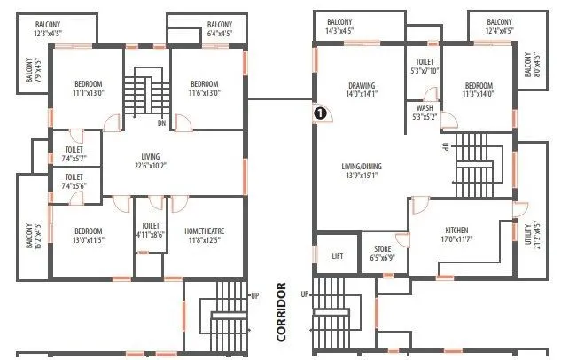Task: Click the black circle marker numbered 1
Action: (321, 113)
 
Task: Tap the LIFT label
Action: (338, 255)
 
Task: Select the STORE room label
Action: (382, 249)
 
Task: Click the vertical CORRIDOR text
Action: (282, 312)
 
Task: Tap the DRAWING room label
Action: (362, 86)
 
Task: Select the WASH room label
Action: (425, 109)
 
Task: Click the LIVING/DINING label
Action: (361, 166)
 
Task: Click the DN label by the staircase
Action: (161, 122)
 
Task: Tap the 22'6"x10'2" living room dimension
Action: (150, 165)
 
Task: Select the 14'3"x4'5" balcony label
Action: (339, 30)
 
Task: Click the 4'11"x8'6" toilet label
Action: (150, 235)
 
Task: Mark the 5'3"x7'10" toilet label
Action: (425, 71)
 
